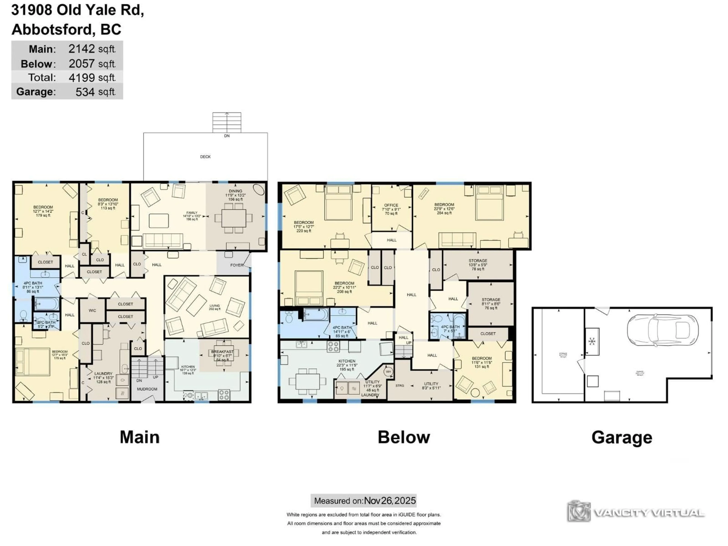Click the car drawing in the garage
tap(662, 330)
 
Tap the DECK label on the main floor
tap(205, 157)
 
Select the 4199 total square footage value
tap(82, 78)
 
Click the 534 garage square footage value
tap(85, 92)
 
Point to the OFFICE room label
tap(391, 205)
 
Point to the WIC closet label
tap(92, 310)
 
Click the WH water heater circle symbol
tap(388, 372)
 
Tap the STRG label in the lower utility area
tap(399, 385)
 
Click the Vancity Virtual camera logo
tap(579, 512)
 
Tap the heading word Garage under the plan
tap(622, 437)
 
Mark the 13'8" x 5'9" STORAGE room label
tap(478, 261)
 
